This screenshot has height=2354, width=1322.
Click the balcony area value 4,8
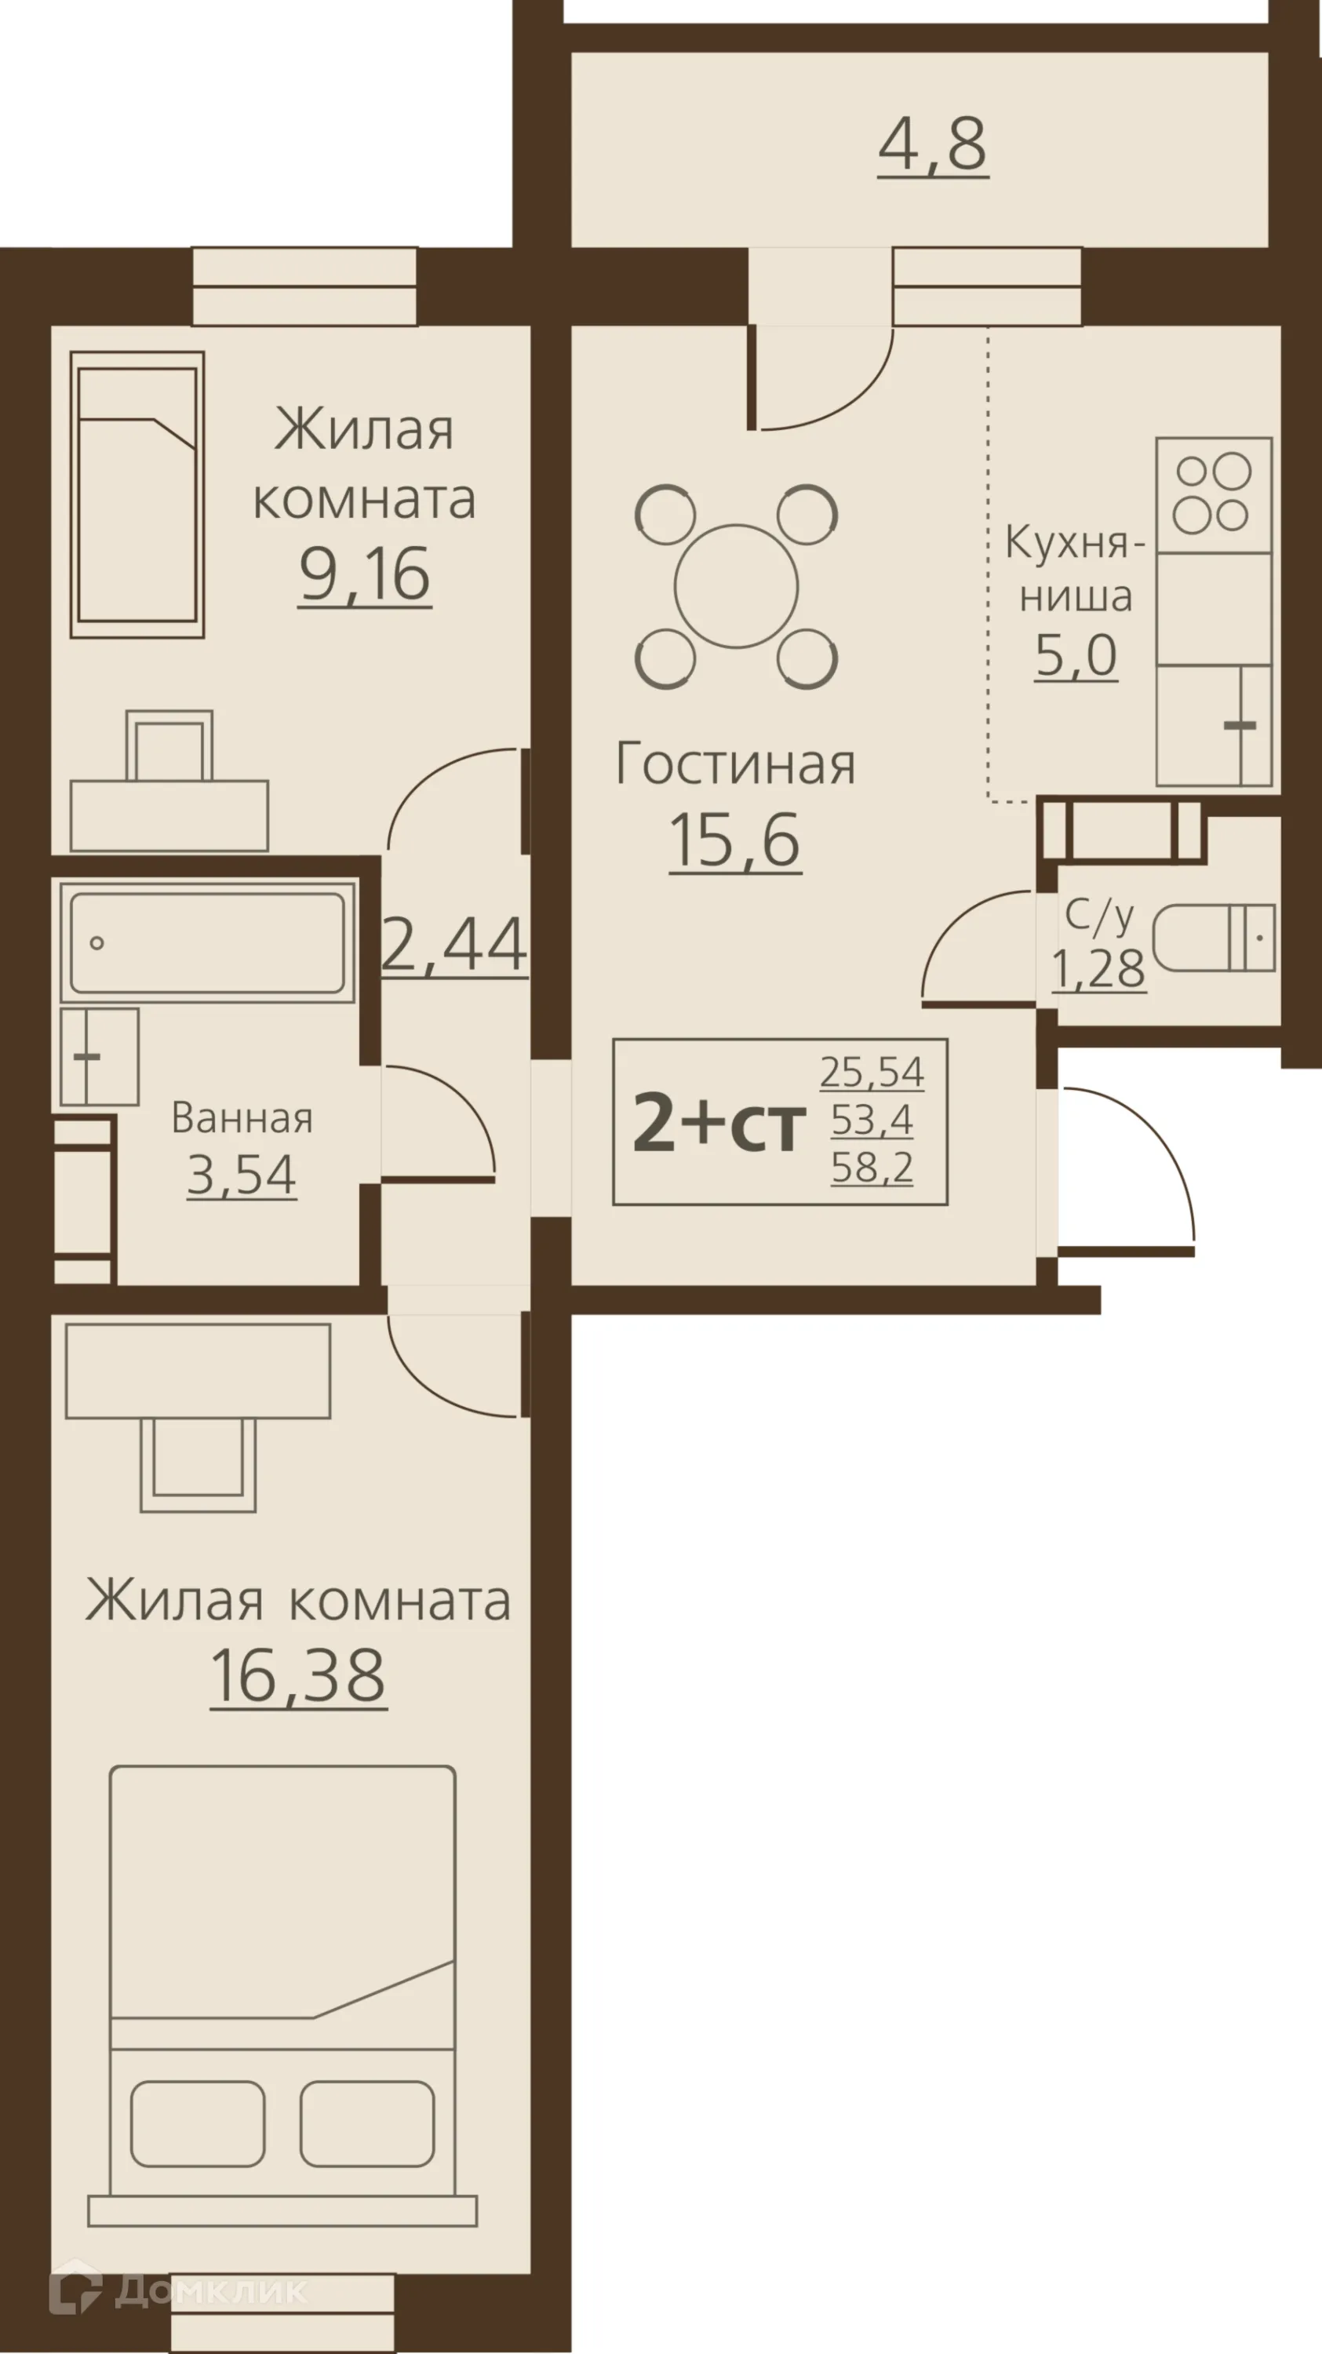(x=933, y=144)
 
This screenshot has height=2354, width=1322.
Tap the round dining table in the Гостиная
(x=737, y=586)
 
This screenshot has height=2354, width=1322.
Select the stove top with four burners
(x=1213, y=494)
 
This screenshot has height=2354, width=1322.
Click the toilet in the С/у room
(x=1213, y=938)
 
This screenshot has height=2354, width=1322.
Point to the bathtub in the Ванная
(x=207, y=942)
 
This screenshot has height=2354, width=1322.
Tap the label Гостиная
(x=735, y=765)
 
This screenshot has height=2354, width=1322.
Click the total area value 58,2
(x=872, y=1167)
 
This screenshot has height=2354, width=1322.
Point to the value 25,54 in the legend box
(x=872, y=1072)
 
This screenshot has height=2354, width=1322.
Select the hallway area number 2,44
(x=454, y=944)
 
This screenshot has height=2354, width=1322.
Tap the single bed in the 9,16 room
(x=137, y=494)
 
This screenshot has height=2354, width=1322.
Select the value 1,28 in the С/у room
(x=1098, y=968)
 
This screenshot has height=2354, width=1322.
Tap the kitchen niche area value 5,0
(x=1076, y=655)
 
